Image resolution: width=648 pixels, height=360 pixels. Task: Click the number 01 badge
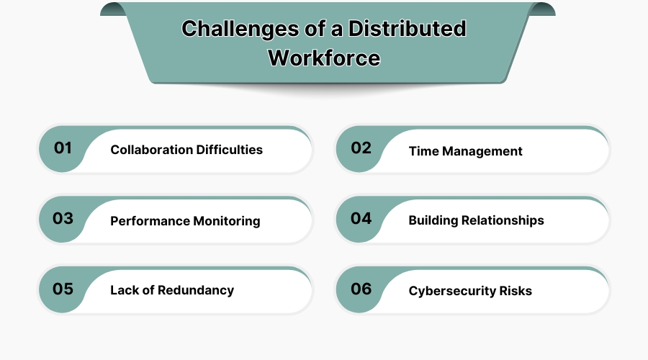[63, 148]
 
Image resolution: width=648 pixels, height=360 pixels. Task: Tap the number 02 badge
[361, 148]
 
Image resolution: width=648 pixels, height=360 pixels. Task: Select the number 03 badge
[63, 219]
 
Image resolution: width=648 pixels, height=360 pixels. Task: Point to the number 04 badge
[361, 219]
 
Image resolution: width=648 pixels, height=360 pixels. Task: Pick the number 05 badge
[63, 289]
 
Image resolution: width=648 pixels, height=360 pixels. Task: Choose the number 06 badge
[361, 289]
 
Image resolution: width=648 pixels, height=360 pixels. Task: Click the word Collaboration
[151, 150]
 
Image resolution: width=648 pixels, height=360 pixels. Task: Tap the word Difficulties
[229, 150]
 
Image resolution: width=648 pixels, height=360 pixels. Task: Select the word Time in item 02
[423, 151]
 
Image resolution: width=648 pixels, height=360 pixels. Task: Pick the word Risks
[516, 291]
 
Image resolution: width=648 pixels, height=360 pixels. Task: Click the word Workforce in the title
[324, 57]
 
